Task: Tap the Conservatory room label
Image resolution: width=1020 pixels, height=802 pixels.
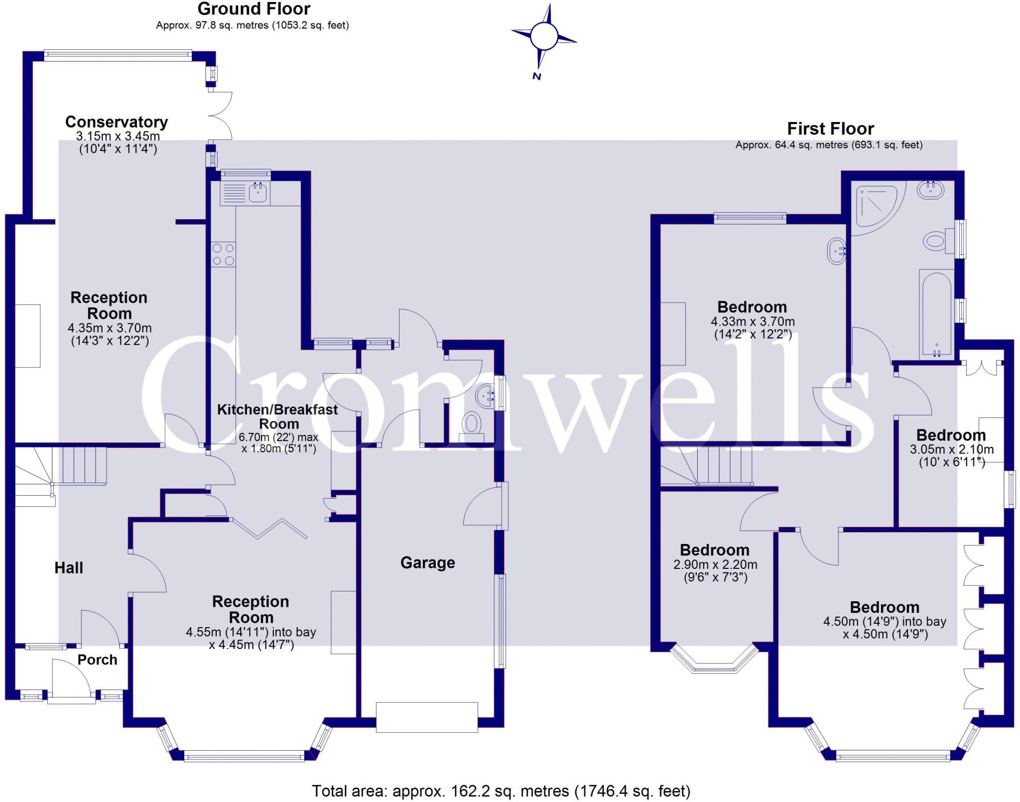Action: coord(117,122)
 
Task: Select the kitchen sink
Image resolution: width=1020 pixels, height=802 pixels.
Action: coord(257,192)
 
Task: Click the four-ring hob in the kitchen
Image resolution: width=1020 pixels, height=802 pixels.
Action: coord(223,254)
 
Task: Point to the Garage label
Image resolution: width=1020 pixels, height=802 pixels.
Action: coord(427,563)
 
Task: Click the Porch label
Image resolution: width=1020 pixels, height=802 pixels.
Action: coord(97,660)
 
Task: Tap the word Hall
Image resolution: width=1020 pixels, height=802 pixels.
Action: coord(69,568)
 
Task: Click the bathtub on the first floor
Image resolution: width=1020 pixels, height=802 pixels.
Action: coord(936,314)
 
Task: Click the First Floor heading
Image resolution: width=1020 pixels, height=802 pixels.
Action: coord(830,129)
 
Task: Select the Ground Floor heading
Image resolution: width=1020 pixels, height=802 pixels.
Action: coord(254,9)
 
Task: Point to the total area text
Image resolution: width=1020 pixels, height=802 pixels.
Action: coord(501,791)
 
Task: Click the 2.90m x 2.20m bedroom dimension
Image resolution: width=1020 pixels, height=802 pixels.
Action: coord(715,565)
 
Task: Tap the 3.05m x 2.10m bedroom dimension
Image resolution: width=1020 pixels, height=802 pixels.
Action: coord(951,449)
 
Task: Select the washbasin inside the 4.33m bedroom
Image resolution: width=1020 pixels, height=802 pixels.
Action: coord(837,252)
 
